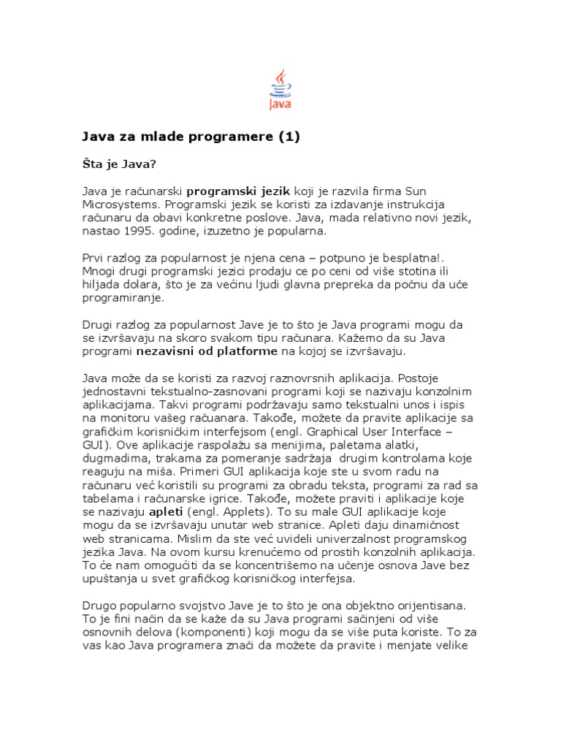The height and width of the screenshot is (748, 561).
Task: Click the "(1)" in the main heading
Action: coord(287,137)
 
